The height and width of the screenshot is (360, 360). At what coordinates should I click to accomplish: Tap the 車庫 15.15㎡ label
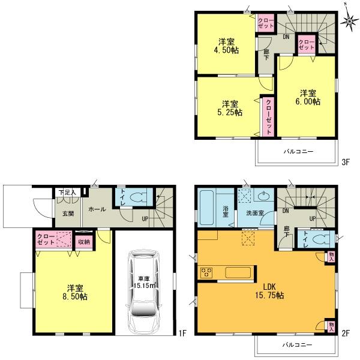coord(143,282)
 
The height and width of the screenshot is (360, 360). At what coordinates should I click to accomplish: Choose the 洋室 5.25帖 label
coord(227,107)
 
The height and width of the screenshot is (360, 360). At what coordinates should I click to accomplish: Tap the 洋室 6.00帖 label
coord(308,97)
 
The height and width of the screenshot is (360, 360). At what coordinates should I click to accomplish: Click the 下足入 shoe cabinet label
coord(65,193)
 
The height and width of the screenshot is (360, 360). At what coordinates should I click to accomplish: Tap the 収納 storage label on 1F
coord(83,241)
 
